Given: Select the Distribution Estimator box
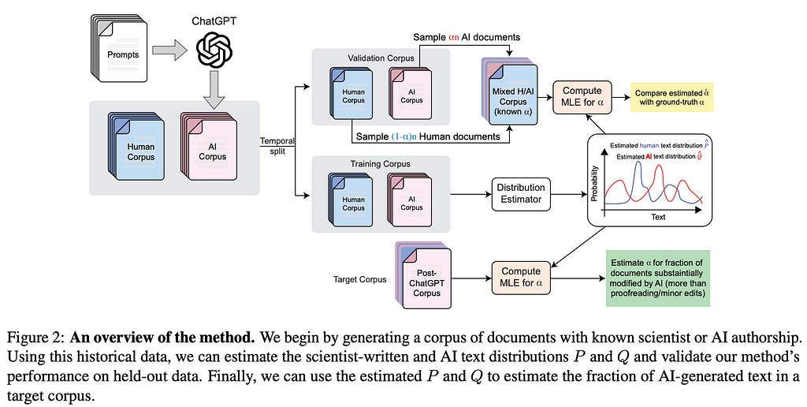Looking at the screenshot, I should tap(520, 192).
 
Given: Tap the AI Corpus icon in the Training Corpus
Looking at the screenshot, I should tap(410, 202).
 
